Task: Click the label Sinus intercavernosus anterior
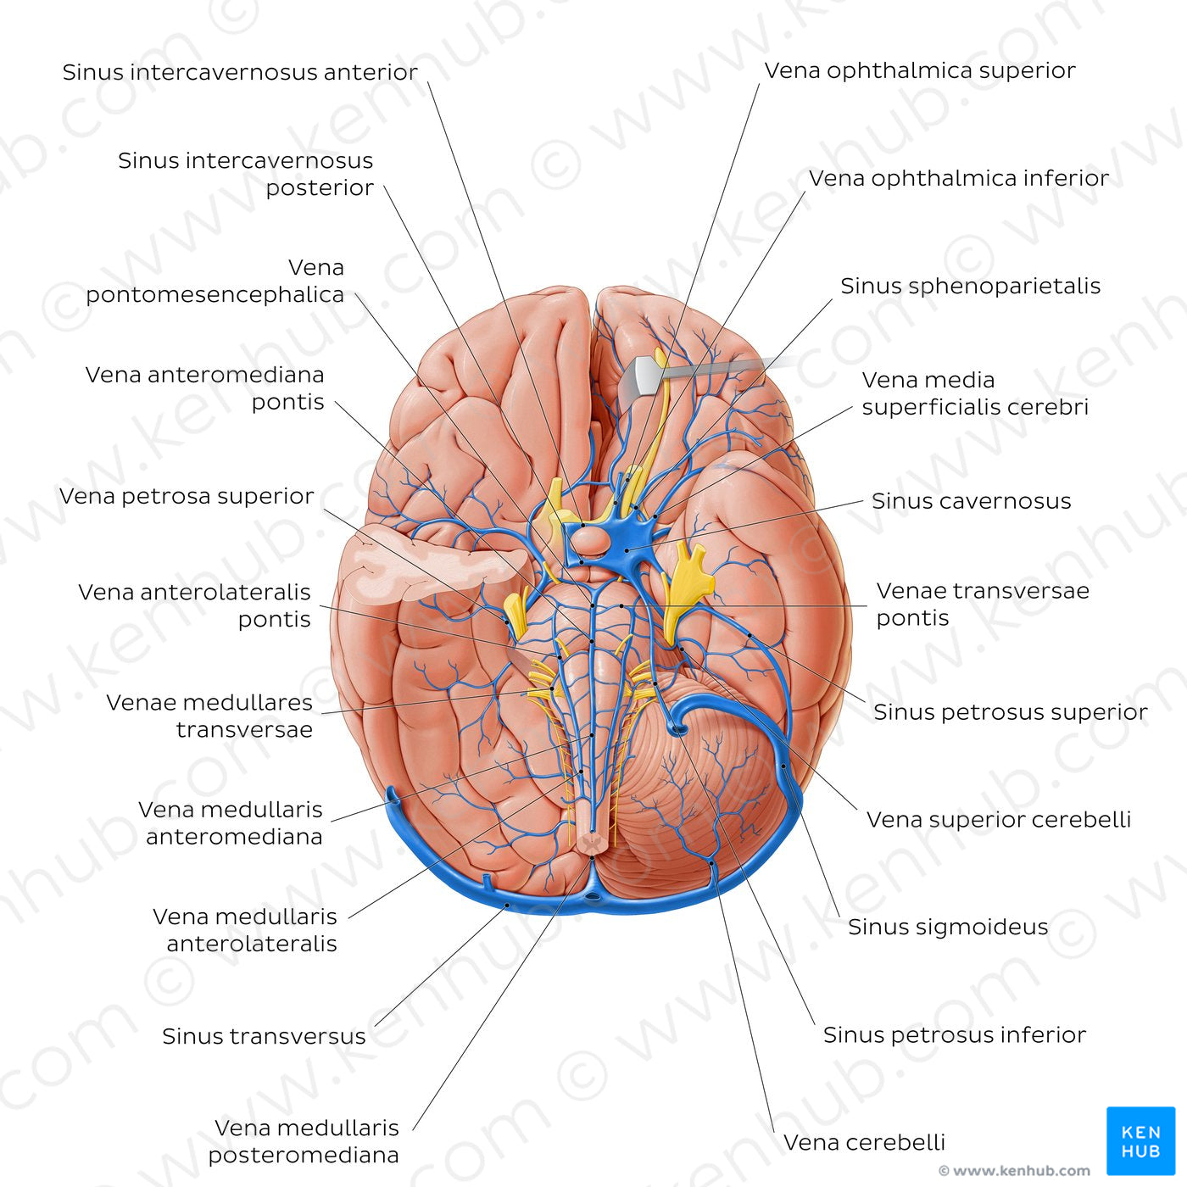[240, 72]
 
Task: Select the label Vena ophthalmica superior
[920, 70]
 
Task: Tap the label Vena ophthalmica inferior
[958, 178]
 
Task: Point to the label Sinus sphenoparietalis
[970, 286]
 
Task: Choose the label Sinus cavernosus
[971, 501]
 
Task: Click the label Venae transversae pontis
[982, 604]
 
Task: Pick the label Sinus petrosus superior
[1010, 712]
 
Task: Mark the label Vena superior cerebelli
[998, 820]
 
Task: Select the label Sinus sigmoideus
[948, 928]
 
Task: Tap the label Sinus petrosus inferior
[954, 1035]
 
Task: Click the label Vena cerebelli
[864, 1143]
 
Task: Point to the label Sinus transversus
[264, 1036]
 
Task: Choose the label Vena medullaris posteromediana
[304, 1141]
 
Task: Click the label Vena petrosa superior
[187, 496]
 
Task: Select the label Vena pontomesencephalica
[215, 281]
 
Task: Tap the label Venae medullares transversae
[209, 716]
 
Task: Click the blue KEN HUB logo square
[1140, 1140]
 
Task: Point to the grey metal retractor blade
[649, 376]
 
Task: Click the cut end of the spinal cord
[592, 843]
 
